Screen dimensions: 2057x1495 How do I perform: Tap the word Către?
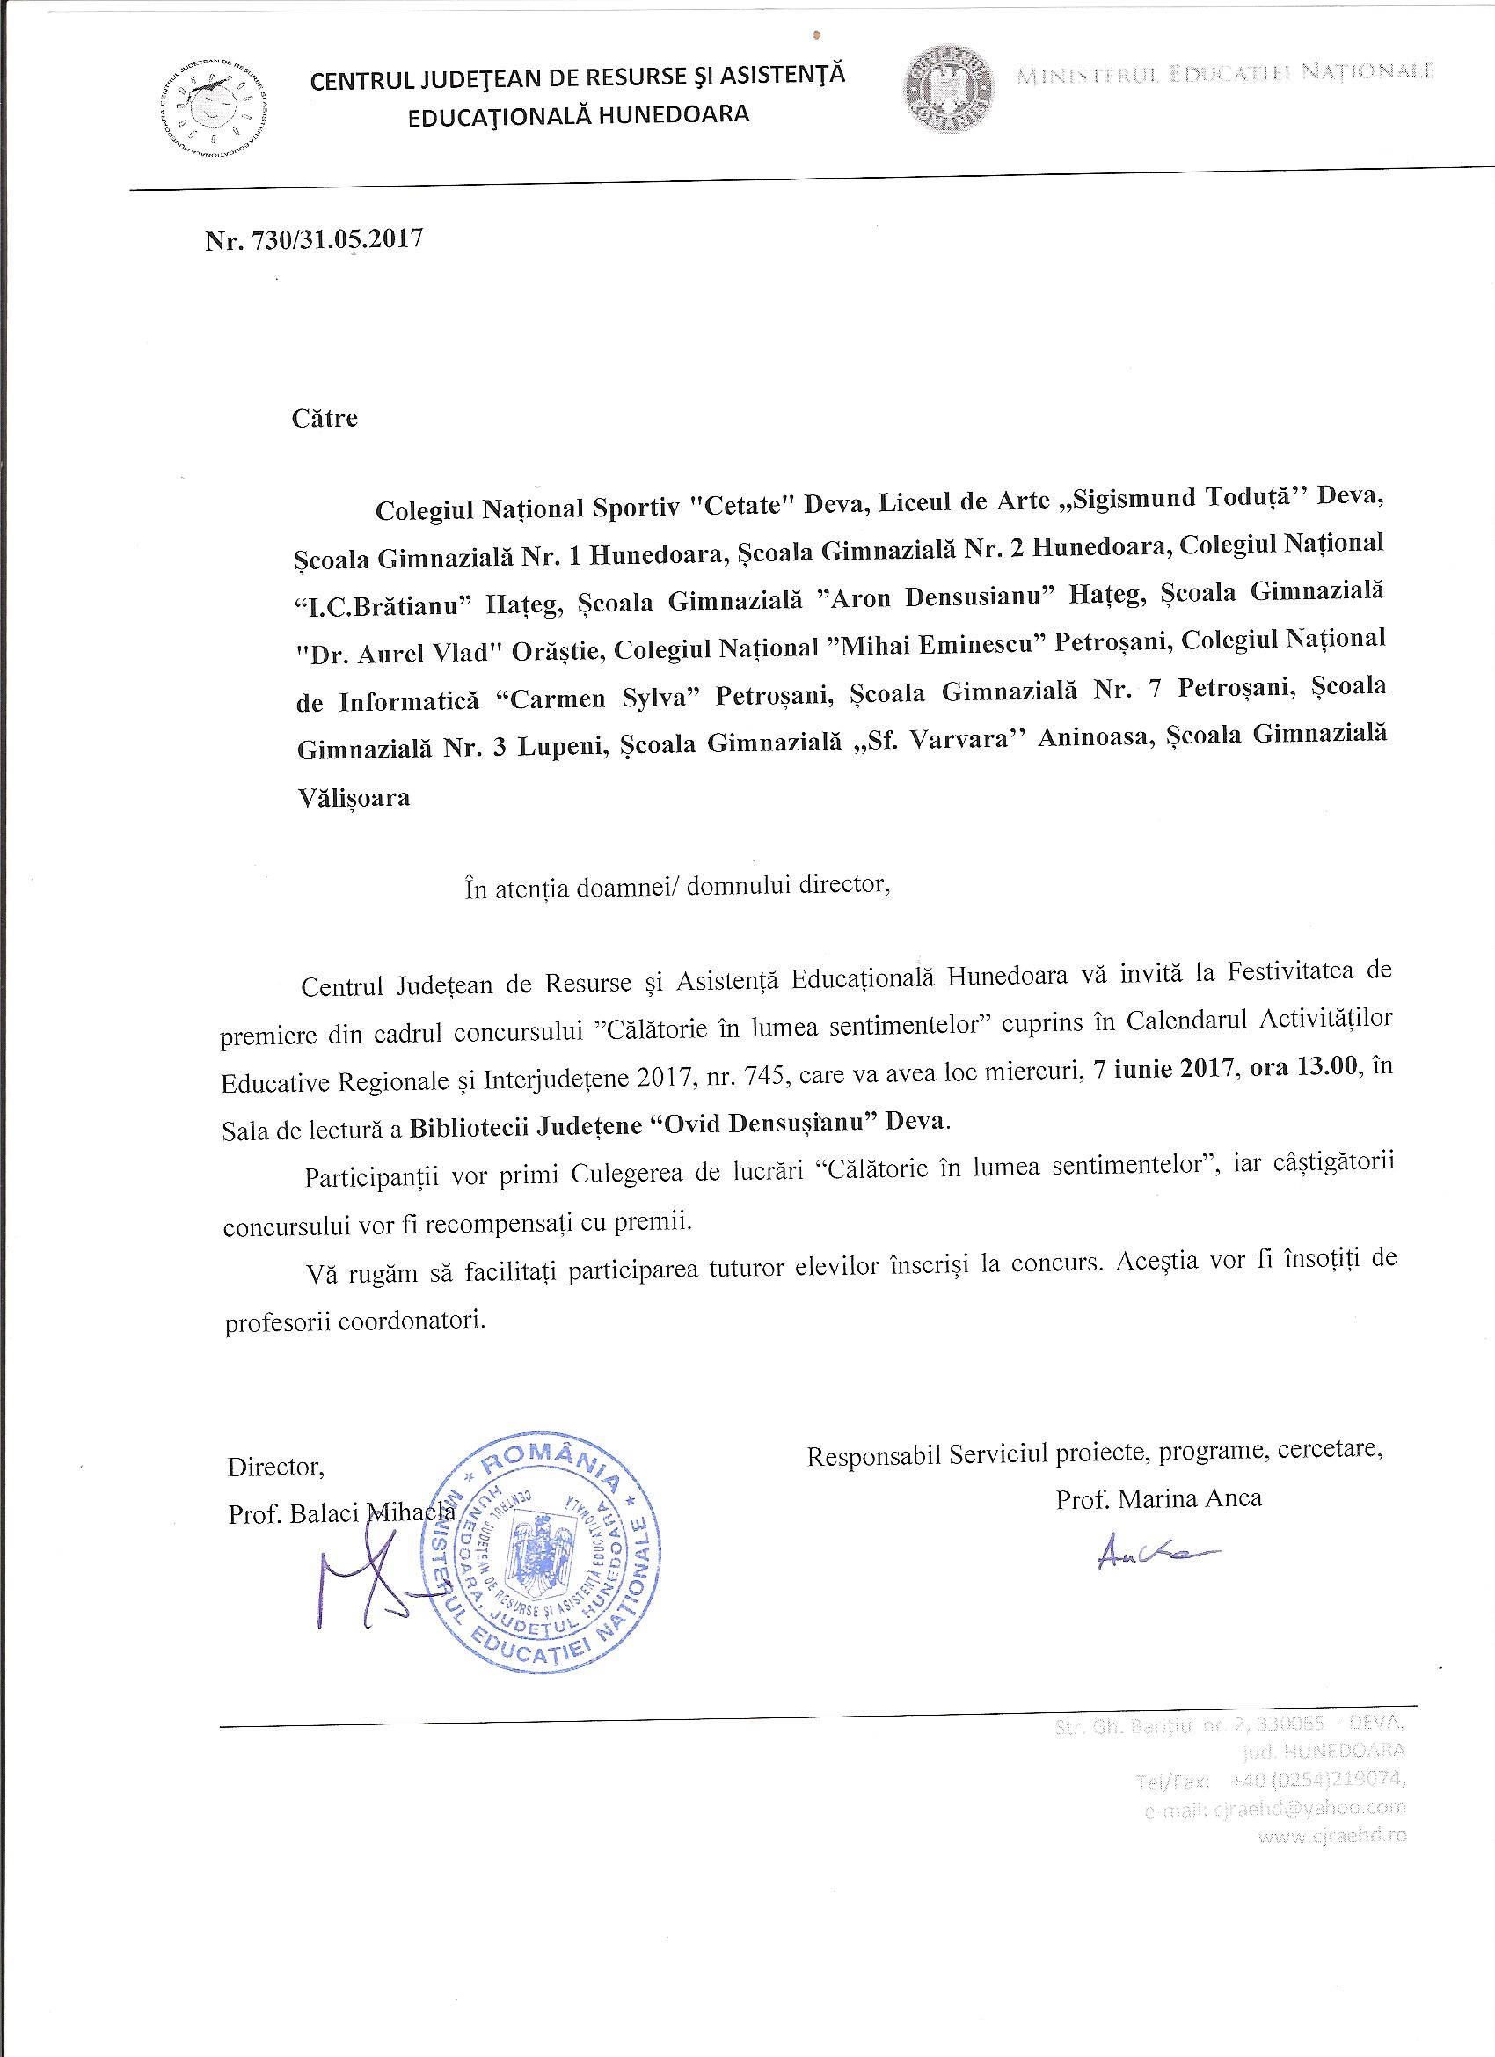pyautogui.click(x=325, y=418)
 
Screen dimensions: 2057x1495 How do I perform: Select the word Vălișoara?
pyautogui.click(x=354, y=798)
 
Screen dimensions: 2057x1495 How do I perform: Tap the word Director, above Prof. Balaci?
pyautogui.click(x=275, y=1467)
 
